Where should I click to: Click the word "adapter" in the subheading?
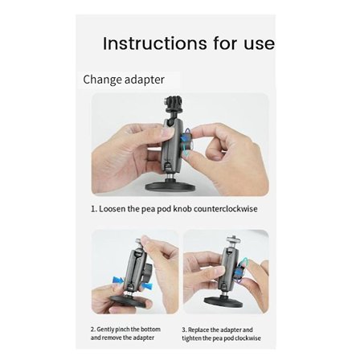pos(145,80)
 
